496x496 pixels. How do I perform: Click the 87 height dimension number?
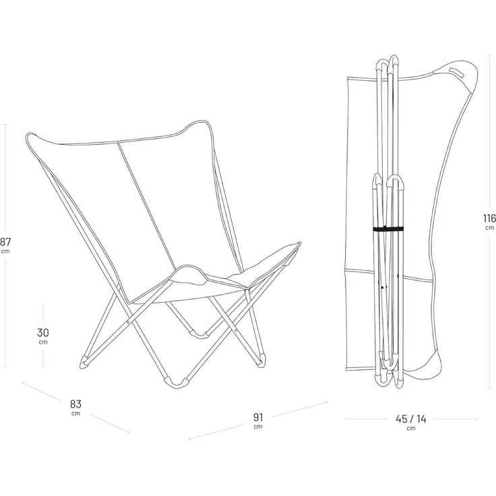(x=5, y=242)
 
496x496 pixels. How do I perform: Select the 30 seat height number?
(x=43, y=332)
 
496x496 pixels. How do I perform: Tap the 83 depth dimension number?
(x=75, y=404)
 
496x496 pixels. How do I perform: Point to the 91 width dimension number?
(x=258, y=417)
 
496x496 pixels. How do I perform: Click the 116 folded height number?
(x=489, y=218)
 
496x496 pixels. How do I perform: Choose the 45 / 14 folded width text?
(x=411, y=419)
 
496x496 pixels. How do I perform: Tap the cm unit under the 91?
(x=258, y=427)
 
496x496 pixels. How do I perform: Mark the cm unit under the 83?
(x=75, y=413)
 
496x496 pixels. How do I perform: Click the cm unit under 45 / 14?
(x=411, y=429)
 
